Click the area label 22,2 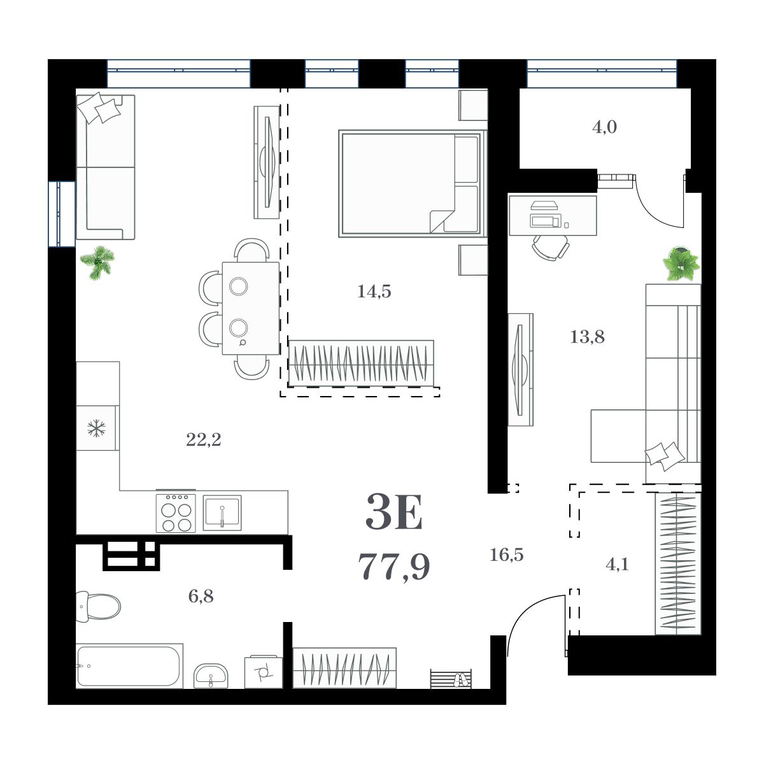click(x=203, y=439)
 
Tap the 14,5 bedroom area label click(x=374, y=292)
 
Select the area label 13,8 click(x=587, y=337)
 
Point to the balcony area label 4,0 click(x=604, y=127)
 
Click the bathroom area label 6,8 click(x=201, y=597)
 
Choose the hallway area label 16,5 click(x=506, y=555)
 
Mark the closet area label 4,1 click(x=617, y=564)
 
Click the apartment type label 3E click(x=394, y=514)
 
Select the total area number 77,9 click(x=394, y=567)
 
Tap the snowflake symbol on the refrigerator click(x=96, y=428)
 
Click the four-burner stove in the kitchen click(x=176, y=513)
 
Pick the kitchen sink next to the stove click(x=222, y=513)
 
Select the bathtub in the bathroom click(x=129, y=666)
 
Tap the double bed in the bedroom click(x=411, y=183)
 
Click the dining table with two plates click(x=250, y=308)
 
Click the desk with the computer click(x=552, y=215)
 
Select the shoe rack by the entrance click(x=451, y=679)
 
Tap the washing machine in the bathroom click(x=263, y=671)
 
